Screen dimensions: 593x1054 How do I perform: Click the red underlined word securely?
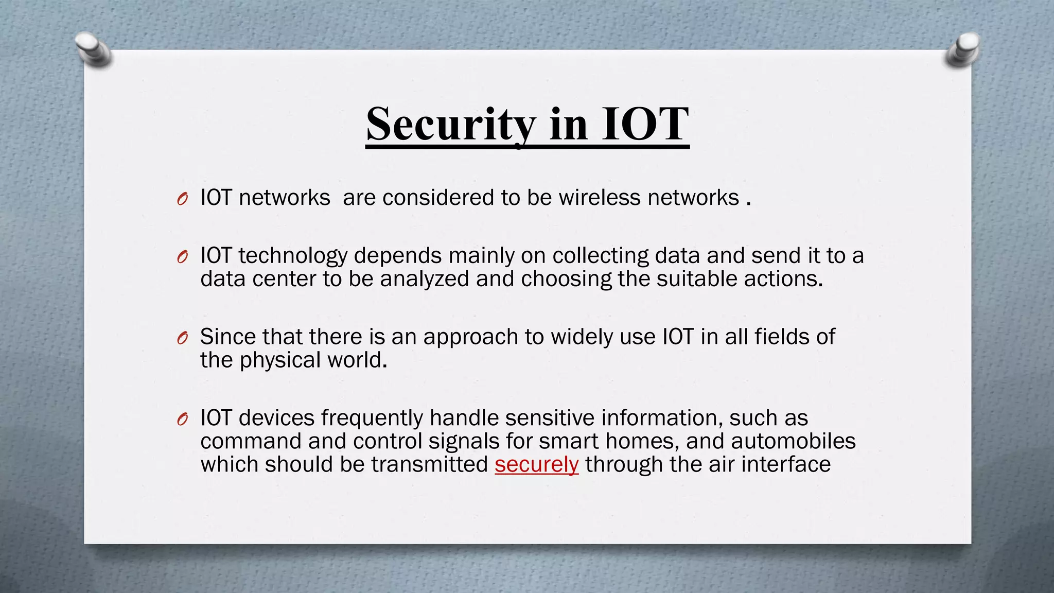(x=536, y=464)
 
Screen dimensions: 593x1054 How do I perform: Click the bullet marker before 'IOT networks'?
(x=182, y=199)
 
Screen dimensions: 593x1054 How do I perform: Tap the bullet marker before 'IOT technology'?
(x=182, y=257)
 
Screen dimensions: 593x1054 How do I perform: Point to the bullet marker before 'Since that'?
(x=182, y=338)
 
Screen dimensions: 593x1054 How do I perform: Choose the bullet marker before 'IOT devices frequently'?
(x=182, y=419)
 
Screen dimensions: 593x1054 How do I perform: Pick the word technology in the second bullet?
(x=293, y=256)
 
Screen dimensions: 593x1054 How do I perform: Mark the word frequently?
(x=372, y=418)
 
